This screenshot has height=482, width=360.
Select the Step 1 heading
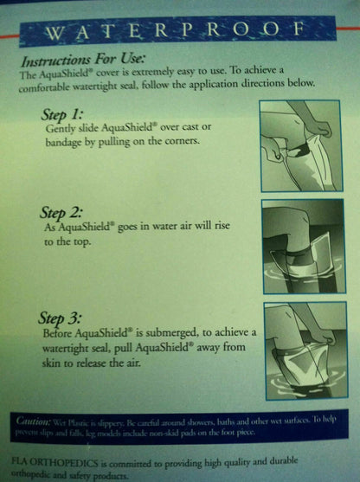[63, 113]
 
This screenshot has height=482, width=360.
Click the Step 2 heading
[63, 211]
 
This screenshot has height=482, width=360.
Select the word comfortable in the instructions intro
[54, 87]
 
